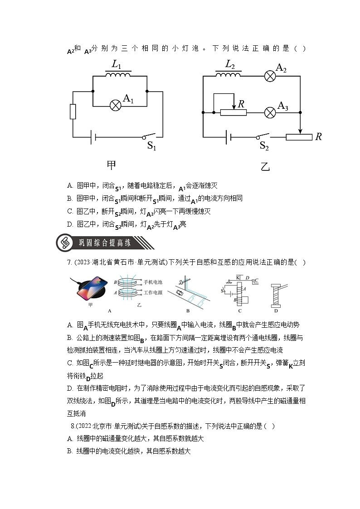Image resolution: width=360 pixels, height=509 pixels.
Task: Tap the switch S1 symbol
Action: [x=149, y=136]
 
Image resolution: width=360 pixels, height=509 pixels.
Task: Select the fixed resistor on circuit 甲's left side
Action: [x=73, y=111]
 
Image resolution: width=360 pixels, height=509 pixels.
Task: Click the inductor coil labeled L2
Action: [x=228, y=74]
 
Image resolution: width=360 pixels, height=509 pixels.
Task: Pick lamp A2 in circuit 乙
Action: [x=270, y=76]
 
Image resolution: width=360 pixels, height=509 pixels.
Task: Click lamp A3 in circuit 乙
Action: [x=270, y=112]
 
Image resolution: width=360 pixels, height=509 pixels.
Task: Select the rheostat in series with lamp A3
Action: [x=234, y=112]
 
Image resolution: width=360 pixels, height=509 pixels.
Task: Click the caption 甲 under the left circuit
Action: [x=112, y=164]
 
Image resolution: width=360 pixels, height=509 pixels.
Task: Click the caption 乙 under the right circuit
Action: [x=266, y=166]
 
